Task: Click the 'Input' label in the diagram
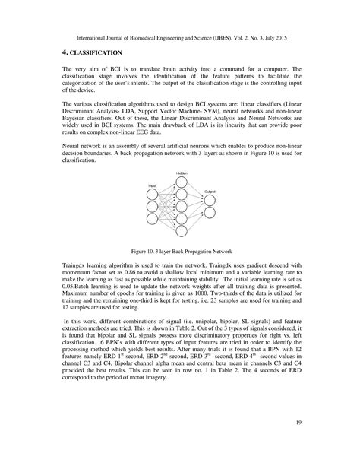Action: pyautogui.click(x=153, y=185)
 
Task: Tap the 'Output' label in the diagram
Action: pyautogui.click(x=210, y=191)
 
